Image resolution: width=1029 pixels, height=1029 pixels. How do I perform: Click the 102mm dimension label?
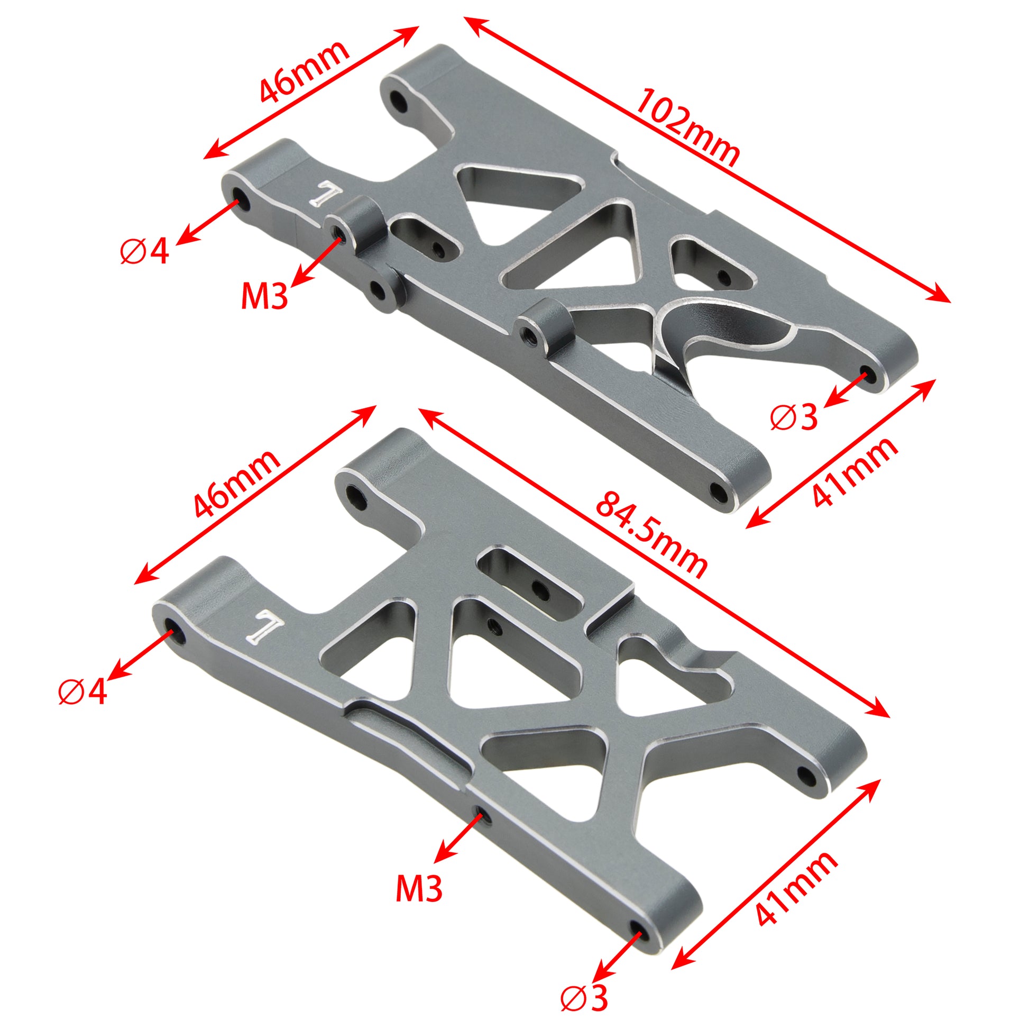point(687,128)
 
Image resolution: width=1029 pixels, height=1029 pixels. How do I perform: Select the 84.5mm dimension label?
point(651,536)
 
